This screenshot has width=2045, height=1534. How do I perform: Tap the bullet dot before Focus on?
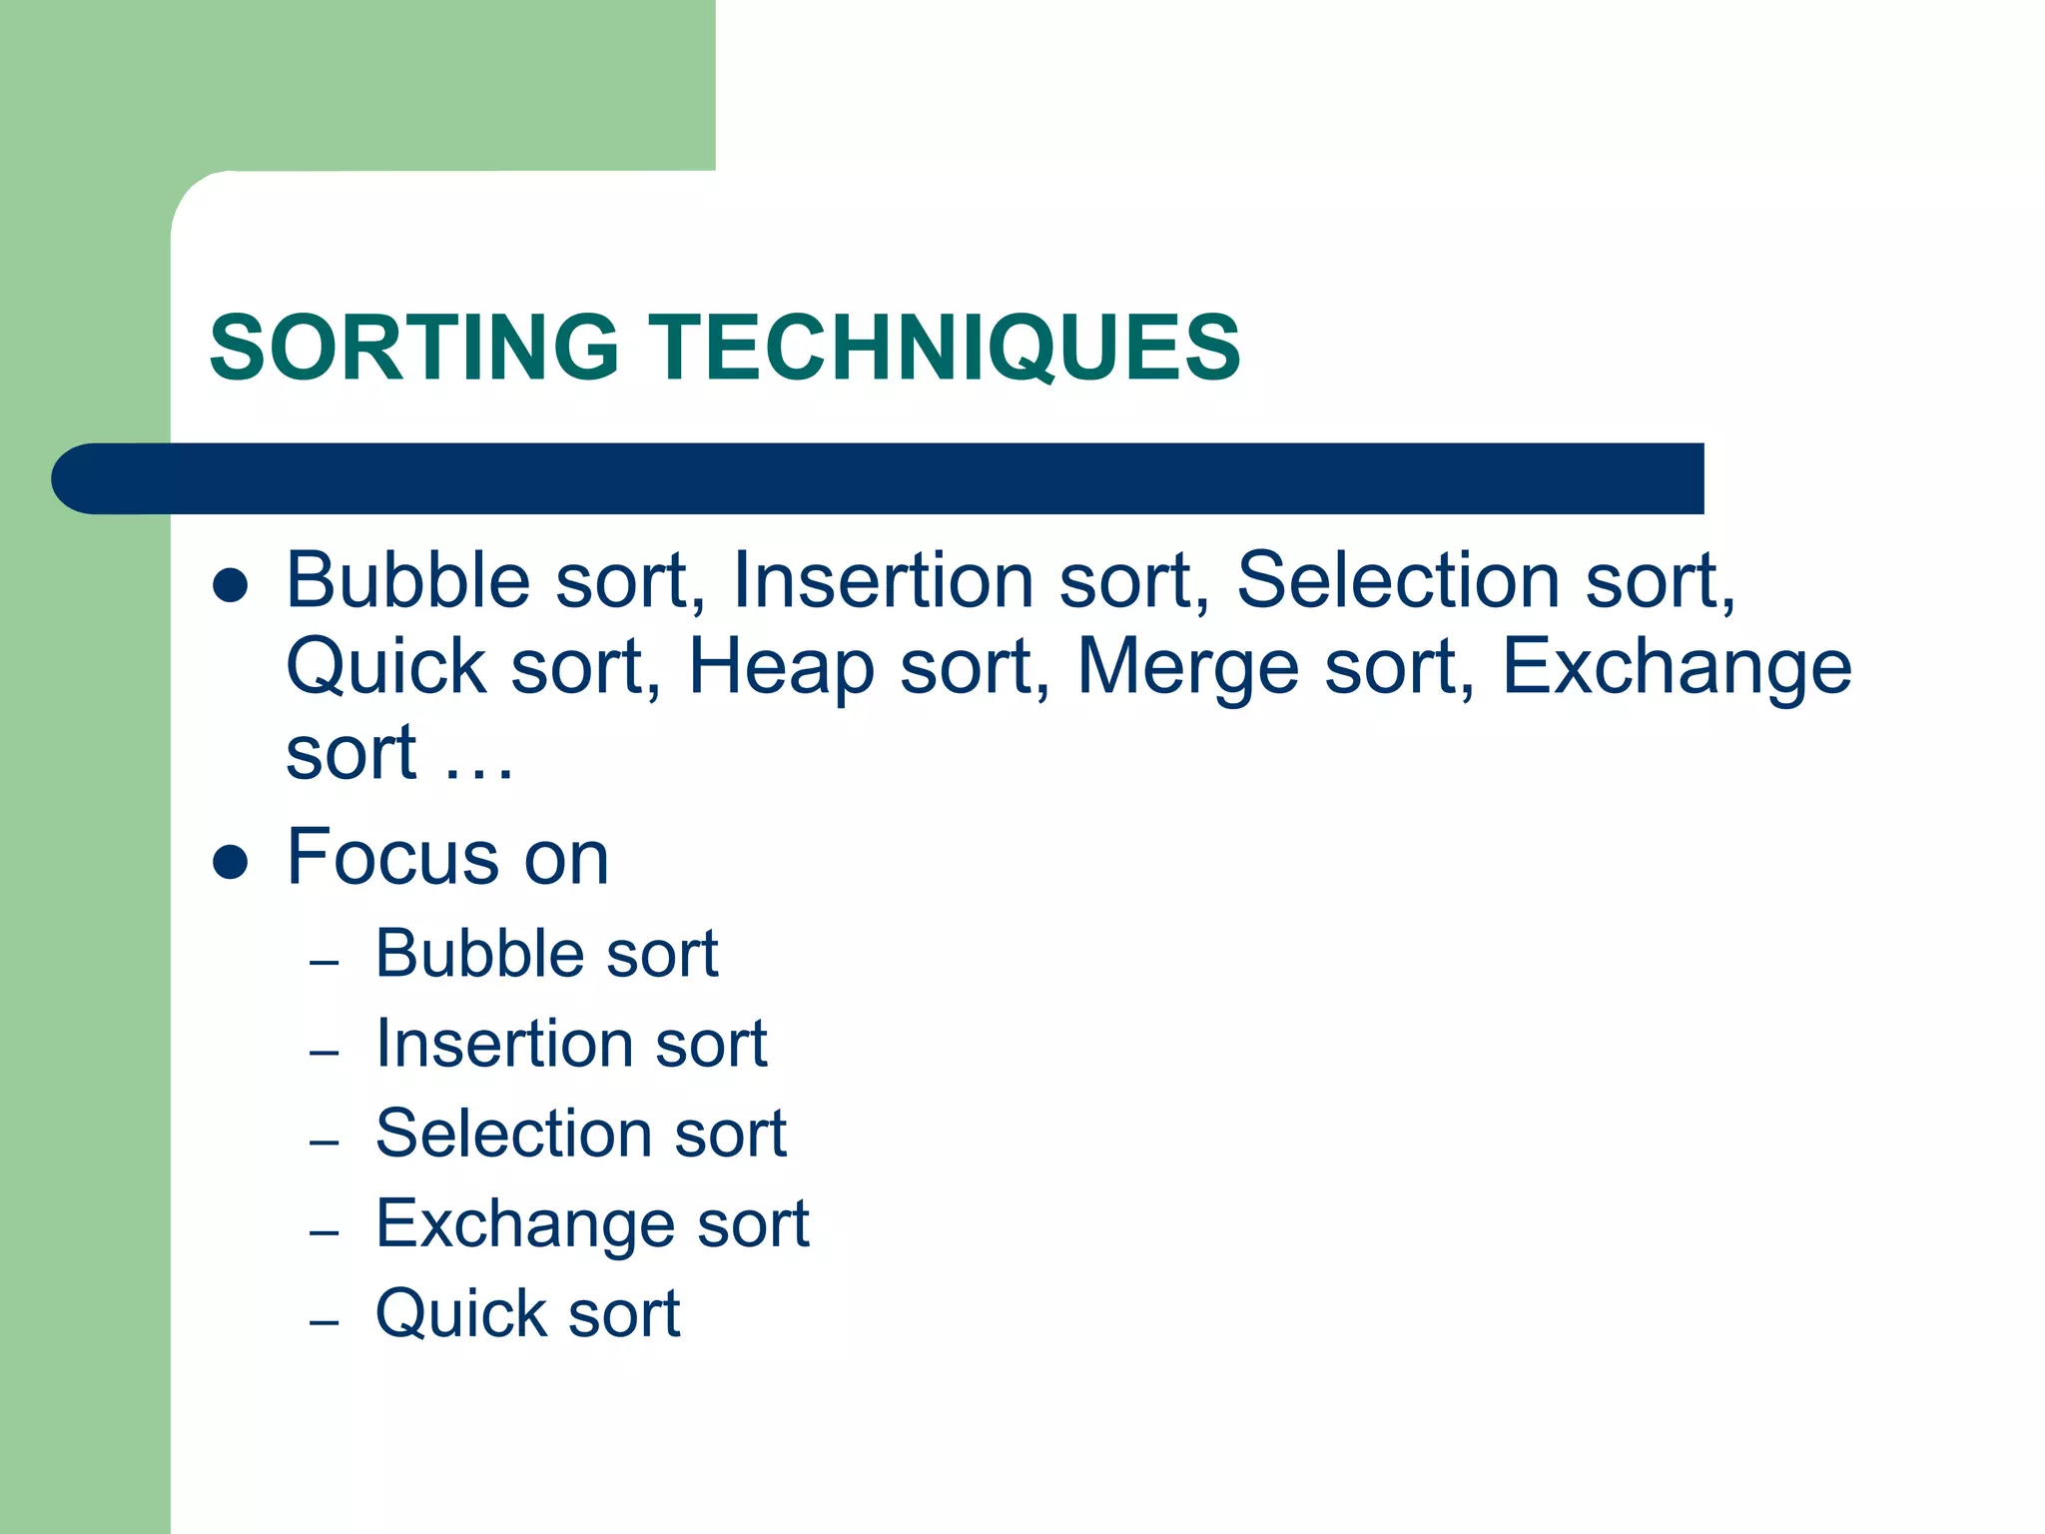[231, 861]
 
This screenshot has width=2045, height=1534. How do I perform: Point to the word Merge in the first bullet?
[1186, 667]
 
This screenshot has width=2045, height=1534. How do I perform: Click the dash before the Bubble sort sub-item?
[325, 963]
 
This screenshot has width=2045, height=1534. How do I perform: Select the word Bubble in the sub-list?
[477, 953]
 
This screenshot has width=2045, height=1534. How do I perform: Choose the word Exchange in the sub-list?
[522, 1224]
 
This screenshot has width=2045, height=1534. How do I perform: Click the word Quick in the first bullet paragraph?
[385, 667]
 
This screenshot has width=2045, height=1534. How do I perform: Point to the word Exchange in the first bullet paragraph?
[1676, 667]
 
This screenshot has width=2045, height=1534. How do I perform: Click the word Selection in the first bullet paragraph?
[1398, 580]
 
